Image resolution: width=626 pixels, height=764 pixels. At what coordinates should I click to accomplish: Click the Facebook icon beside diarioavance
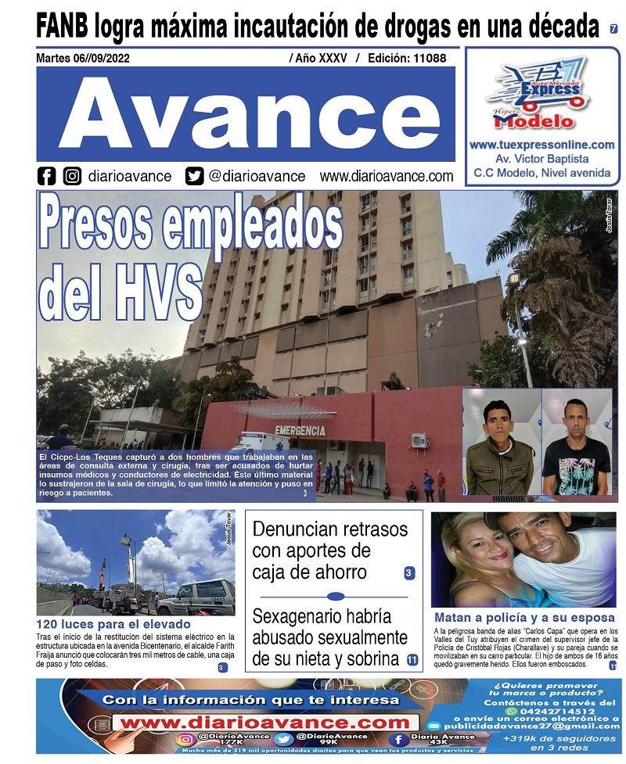pos(47,176)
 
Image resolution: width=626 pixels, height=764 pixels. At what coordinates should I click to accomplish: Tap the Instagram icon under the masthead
pos(73,176)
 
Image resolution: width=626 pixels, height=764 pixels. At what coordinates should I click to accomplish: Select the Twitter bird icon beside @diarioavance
pos(194,176)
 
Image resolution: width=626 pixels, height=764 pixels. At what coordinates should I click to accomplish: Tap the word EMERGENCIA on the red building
pos(300,430)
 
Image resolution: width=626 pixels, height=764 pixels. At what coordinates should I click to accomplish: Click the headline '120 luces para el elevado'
pos(113,624)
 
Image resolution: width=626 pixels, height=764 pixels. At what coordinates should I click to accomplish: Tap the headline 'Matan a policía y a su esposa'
pos(524,617)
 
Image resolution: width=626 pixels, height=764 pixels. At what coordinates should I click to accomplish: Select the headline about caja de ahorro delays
pos(329,551)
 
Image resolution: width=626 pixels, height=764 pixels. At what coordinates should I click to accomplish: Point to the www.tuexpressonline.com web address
pos(541,145)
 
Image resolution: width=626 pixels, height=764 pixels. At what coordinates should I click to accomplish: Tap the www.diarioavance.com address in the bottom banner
pos(264,723)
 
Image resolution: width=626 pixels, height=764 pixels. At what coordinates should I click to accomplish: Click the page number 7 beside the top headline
pos(613,29)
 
